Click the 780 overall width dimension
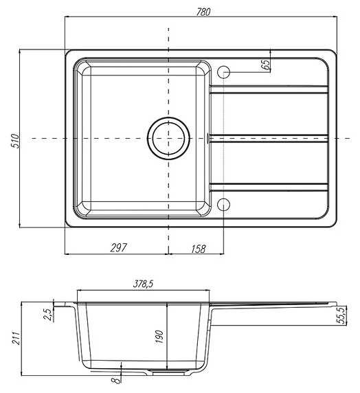pos(203,12)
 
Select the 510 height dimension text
pos(16,141)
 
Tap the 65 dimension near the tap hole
pos(266,65)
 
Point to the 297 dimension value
pos(119,248)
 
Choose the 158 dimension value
pos(199,249)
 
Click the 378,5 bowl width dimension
pos(143,284)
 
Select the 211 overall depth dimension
pos(16,338)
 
